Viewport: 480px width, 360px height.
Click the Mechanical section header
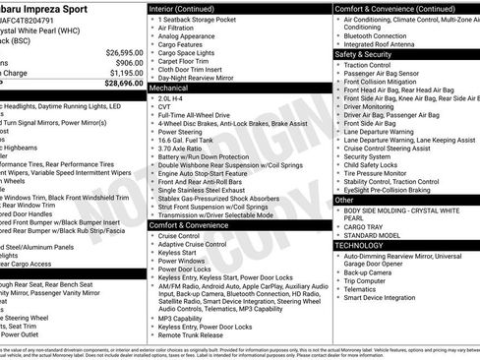pyautogui.click(x=173, y=88)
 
